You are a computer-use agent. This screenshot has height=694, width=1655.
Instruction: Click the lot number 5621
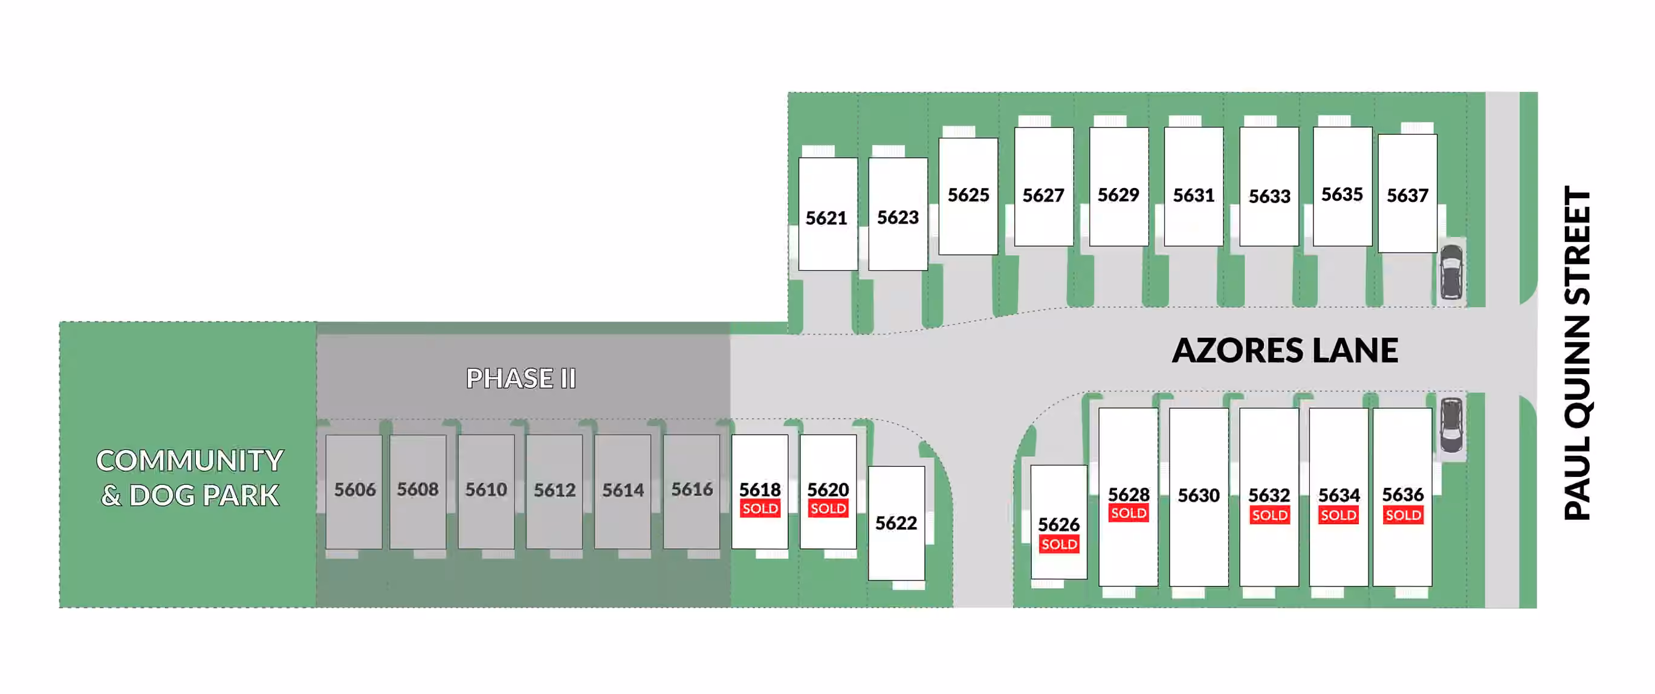[x=826, y=218]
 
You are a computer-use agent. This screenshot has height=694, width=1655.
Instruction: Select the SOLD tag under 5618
[x=760, y=509]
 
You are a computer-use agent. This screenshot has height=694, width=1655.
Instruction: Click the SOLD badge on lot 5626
[x=1059, y=544]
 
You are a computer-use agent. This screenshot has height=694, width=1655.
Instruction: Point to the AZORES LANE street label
[x=1285, y=351]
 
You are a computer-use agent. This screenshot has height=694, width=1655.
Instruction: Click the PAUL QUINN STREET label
[x=1577, y=353]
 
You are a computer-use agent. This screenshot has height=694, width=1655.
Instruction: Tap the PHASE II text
[x=521, y=378]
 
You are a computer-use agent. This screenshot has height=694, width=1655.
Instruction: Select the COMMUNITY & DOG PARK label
[x=190, y=478]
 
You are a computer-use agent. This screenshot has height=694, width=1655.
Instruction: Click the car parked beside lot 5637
[x=1451, y=272]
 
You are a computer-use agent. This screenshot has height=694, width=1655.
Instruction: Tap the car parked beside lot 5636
[x=1451, y=426]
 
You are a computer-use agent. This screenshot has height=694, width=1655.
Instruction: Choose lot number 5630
[x=1198, y=496]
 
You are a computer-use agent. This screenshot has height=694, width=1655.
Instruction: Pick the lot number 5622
[x=896, y=523]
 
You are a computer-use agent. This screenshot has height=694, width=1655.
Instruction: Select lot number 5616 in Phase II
[x=692, y=490]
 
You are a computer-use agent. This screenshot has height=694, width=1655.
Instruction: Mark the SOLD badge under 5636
[x=1403, y=515]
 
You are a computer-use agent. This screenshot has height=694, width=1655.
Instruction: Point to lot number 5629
[x=1118, y=195]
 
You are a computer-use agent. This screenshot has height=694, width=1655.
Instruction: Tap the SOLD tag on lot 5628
[x=1128, y=513]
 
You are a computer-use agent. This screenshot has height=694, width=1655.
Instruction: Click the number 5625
[x=968, y=195]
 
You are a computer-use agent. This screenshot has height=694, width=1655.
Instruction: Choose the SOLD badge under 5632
[x=1269, y=515]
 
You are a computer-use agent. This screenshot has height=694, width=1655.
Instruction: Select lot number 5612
[x=554, y=490]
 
